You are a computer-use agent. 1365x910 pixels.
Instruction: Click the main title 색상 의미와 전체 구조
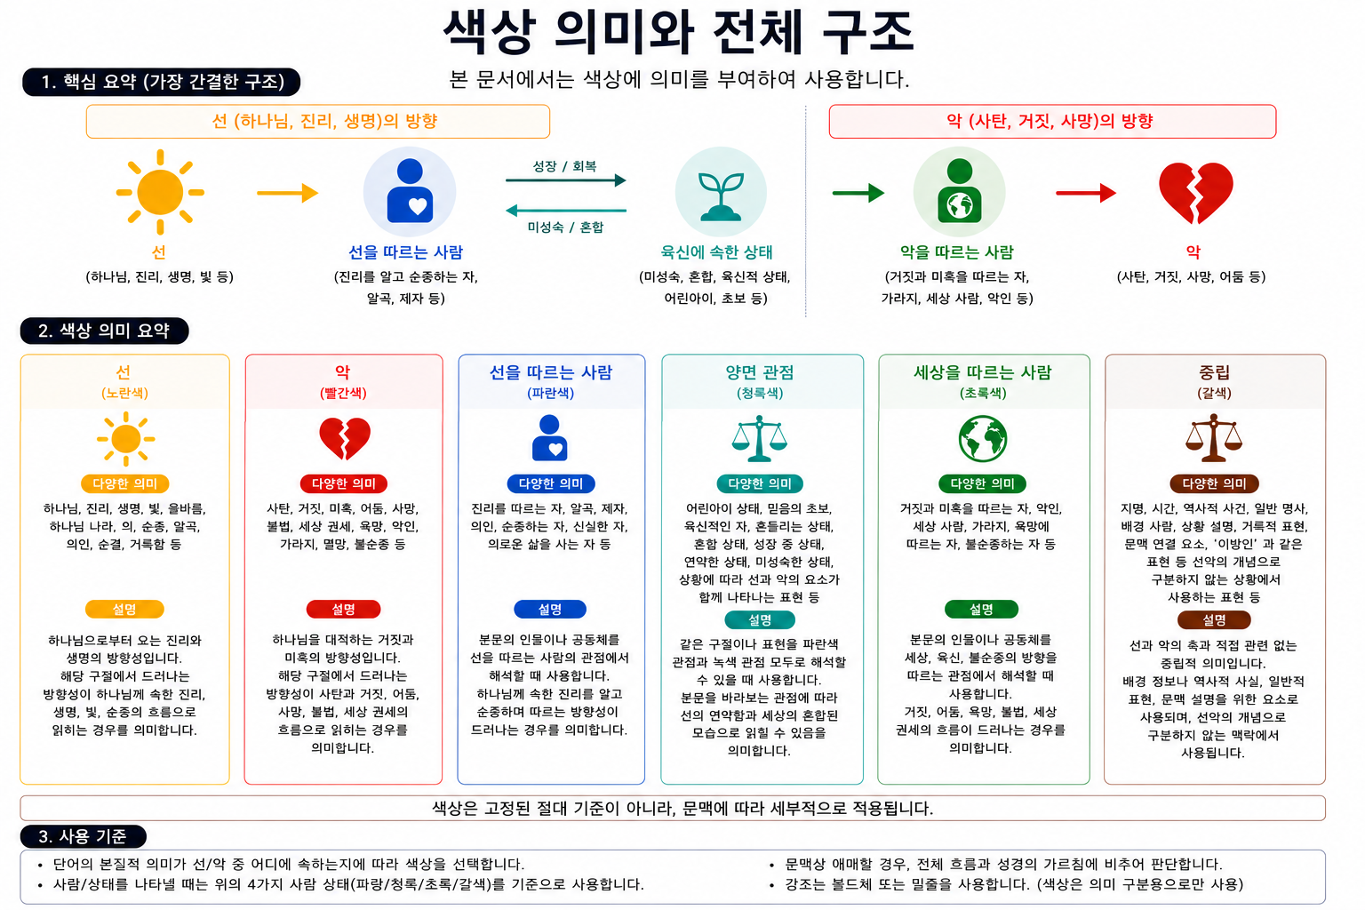[x=678, y=32]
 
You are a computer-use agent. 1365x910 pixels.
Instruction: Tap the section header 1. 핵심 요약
[x=162, y=82]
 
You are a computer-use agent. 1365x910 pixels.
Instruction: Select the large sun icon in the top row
[x=160, y=192]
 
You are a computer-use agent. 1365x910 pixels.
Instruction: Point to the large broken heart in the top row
[x=1195, y=193]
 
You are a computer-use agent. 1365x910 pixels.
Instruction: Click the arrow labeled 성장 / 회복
[x=565, y=180]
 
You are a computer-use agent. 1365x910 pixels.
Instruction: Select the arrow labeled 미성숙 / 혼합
[x=565, y=211]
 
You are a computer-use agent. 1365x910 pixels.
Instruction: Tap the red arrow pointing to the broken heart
[x=1086, y=193]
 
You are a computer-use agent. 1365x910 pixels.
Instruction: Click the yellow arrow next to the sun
[x=288, y=193]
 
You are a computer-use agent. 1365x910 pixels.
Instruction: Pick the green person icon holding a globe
[x=960, y=190]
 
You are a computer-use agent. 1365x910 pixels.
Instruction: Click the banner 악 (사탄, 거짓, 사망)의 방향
[x=1052, y=121]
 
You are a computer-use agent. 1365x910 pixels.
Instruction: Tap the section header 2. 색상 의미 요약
[x=104, y=331]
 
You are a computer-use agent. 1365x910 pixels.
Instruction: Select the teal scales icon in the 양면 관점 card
[x=759, y=438]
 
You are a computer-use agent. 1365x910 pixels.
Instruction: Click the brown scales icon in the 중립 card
[x=1213, y=438]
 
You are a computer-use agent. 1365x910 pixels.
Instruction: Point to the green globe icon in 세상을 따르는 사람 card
[x=982, y=439]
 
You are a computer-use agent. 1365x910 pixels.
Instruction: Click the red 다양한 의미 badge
[x=344, y=483]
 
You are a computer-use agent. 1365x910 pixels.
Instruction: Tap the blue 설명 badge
[x=550, y=609]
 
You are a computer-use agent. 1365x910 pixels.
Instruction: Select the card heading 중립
[x=1214, y=371]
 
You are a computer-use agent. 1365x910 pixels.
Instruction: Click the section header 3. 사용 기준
[x=84, y=836]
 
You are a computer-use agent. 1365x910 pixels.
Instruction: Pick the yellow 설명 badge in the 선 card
[x=124, y=609]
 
